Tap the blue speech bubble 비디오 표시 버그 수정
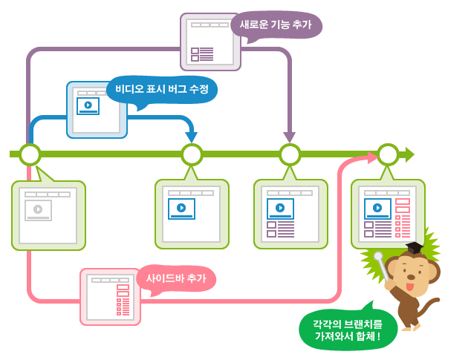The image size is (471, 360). click(161, 89)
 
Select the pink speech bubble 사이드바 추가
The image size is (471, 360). click(176, 278)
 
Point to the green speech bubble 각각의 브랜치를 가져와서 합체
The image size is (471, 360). click(347, 330)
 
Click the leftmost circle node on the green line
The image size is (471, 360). click(30, 154)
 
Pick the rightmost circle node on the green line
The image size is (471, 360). click(388, 154)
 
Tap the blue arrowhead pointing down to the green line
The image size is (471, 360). click(192, 137)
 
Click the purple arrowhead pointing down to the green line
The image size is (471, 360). click(290, 137)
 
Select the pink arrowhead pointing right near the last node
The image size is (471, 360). click(371, 157)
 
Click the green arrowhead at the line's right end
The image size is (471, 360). click(409, 154)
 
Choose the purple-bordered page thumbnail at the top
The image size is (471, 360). click(210, 42)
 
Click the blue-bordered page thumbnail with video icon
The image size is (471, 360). click(97, 110)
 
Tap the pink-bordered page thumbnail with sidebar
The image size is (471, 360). click(110, 297)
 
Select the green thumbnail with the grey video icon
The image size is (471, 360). click(48, 215)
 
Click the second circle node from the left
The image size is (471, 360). click(192, 154)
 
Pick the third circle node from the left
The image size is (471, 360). click(290, 154)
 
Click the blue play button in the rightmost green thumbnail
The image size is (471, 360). click(378, 208)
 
